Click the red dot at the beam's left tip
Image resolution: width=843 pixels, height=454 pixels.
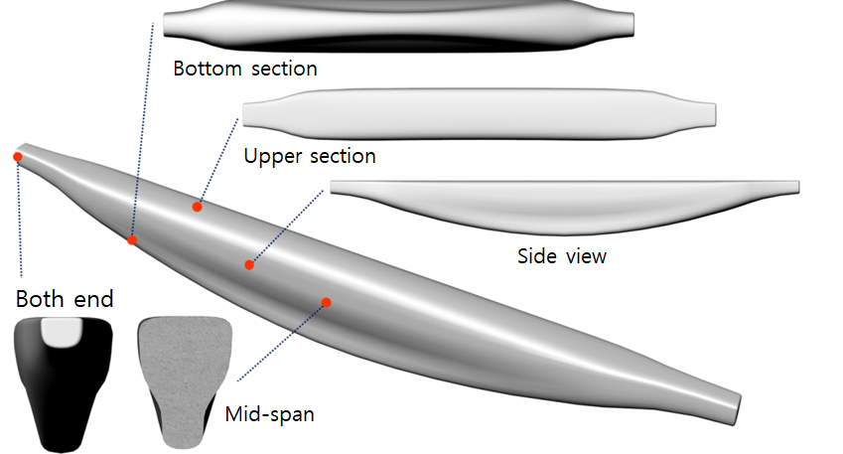[17, 157]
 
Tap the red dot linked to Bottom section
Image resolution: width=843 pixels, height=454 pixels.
[132, 240]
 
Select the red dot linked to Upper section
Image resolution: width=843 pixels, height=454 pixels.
[198, 207]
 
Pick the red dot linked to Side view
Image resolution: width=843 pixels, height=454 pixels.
[249, 264]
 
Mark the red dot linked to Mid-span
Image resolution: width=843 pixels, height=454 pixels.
[326, 301]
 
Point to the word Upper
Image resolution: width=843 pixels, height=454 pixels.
[272, 157]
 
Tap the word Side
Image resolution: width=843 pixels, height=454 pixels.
[536, 256]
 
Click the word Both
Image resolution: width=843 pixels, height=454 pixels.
[42, 299]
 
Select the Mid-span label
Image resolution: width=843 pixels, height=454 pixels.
[270, 413]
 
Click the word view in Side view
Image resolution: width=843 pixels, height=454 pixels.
[584, 256]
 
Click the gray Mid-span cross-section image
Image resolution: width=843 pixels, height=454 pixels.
[184, 364]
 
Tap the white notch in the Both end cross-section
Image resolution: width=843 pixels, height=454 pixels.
[63, 332]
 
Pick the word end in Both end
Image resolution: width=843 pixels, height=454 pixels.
[93, 299]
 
